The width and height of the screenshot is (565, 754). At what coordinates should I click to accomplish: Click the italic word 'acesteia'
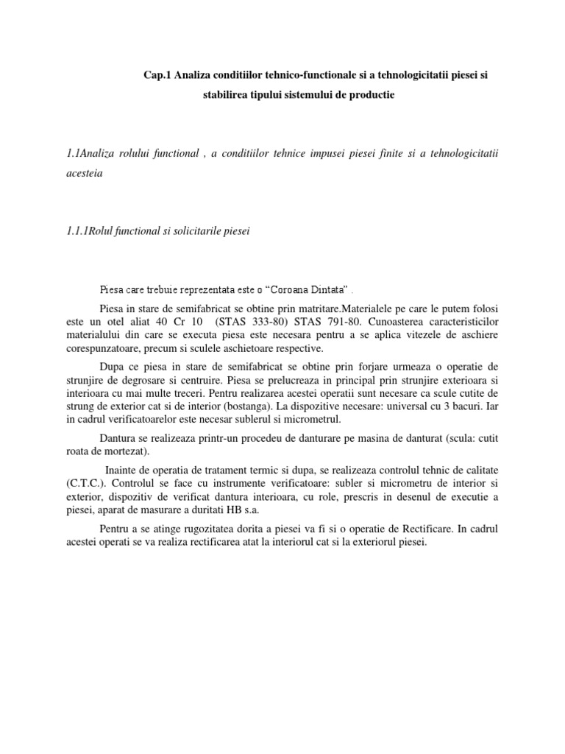(x=85, y=175)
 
